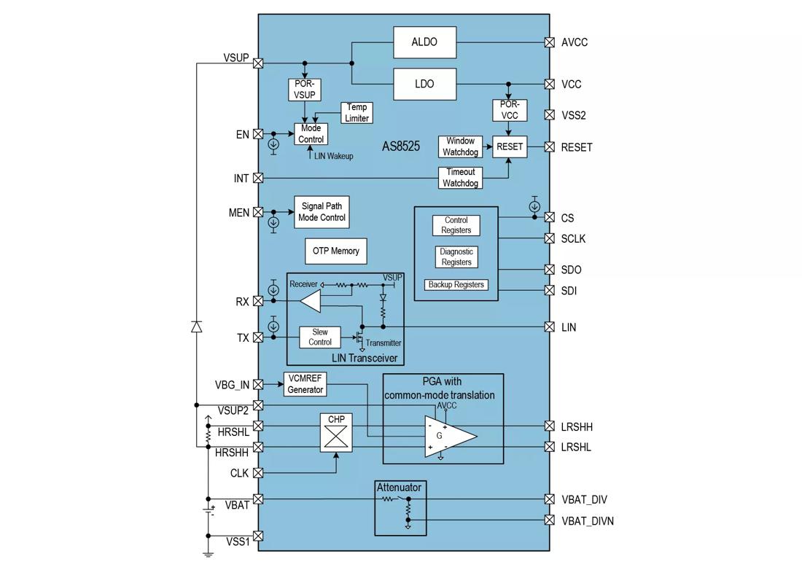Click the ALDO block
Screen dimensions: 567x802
tap(424, 42)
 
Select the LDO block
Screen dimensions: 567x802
tap(424, 84)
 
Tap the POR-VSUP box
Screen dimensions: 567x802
tap(305, 89)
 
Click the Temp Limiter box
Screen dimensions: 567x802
tap(357, 113)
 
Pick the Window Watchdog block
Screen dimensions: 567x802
tap(460, 146)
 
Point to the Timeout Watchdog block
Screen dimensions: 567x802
tap(460, 178)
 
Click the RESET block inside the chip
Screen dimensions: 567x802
tap(509, 146)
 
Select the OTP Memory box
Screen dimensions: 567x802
tap(336, 251)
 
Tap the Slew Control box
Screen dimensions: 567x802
tap(320, 337)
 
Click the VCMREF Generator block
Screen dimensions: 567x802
tap(305, 384)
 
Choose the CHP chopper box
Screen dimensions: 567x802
tap(336, 436)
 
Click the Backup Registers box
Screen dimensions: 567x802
tap(456, 285)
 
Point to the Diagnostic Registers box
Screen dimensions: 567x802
tap(456, 257)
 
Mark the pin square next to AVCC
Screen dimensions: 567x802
tap(549, 42)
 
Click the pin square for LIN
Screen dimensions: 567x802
tap(549, 327)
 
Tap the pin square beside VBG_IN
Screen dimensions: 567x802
tap(258, 384)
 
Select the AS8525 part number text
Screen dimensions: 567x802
tap(401, 146)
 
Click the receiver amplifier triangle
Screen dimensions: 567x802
tap(311, 300)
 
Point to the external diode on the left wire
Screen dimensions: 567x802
tap(196, 326)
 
